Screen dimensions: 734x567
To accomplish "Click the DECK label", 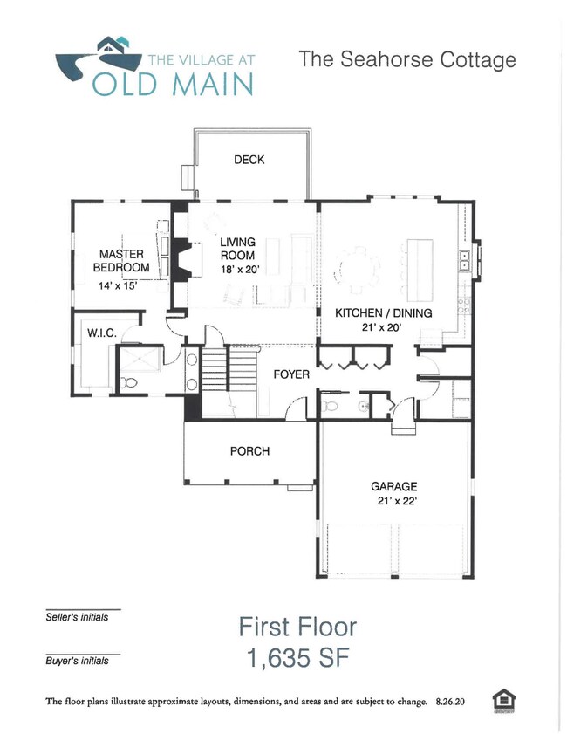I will (249, 160).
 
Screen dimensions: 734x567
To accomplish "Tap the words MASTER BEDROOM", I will (121, 261).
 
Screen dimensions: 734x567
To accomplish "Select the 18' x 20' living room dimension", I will (236, 270).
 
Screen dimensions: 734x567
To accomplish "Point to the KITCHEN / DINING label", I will (384, 312).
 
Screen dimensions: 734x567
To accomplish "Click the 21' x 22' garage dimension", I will (393, 501).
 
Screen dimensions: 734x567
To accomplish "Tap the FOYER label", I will (291, 374).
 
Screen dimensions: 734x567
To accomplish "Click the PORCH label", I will (249, 451).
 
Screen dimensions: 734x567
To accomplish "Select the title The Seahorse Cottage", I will (406, 59).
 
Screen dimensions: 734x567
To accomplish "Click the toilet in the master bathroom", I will (126, 382).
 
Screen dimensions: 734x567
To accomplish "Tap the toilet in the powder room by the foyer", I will (329, 406).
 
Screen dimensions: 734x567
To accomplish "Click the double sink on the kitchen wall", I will (466, 259).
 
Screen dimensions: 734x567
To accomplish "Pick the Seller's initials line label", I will (77, 617).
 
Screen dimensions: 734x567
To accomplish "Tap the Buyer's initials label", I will (77, 661).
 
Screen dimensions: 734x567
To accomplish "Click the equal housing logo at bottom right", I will (503, 700).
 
